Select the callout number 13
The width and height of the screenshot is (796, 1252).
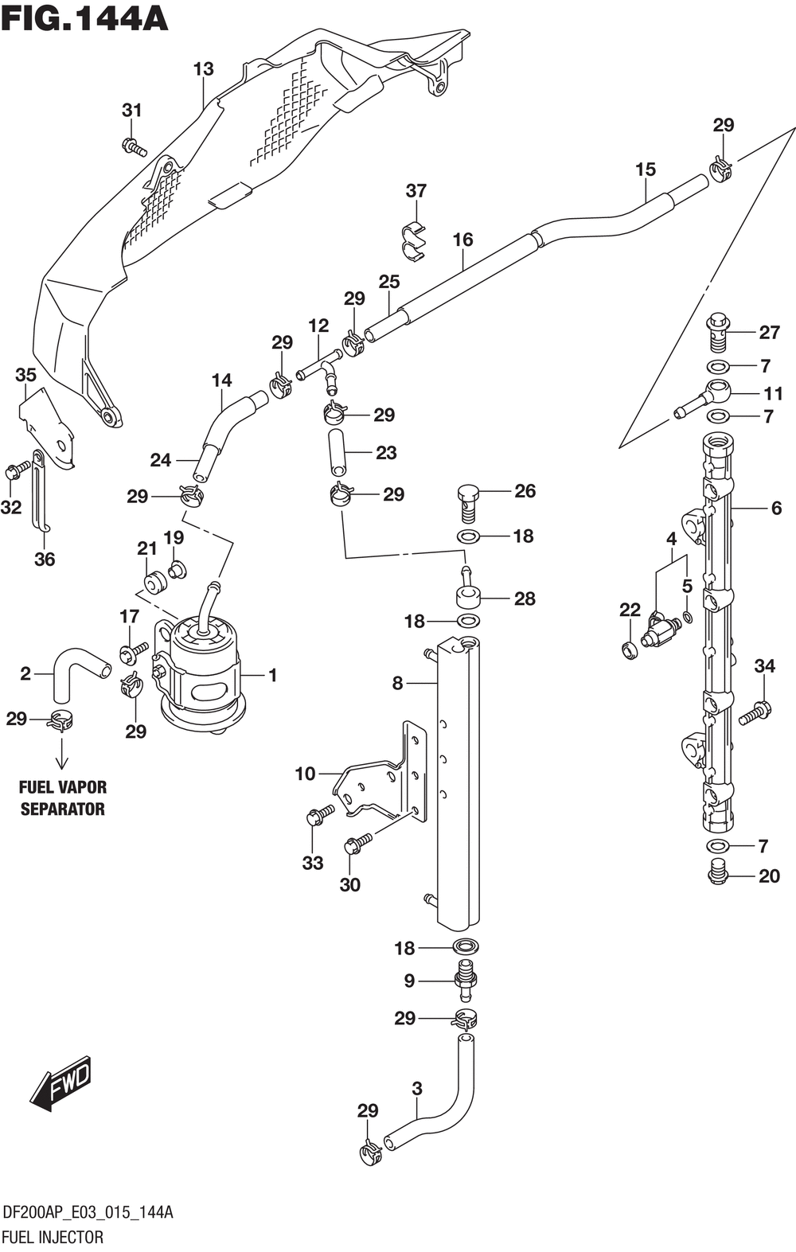(x=204, y=69)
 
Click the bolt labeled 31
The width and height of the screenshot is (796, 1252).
(x=134, y=147)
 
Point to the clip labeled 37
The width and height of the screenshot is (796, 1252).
(x=414, y=240)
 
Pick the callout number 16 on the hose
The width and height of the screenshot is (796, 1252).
(x=462, y=240)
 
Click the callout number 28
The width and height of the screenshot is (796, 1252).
(x=525, y=599)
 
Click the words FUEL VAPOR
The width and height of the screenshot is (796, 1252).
(x=63, y=787)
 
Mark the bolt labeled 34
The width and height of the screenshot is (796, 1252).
(x=755, y=712)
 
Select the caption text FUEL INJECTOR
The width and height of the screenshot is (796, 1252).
(x=53, y=1237)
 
